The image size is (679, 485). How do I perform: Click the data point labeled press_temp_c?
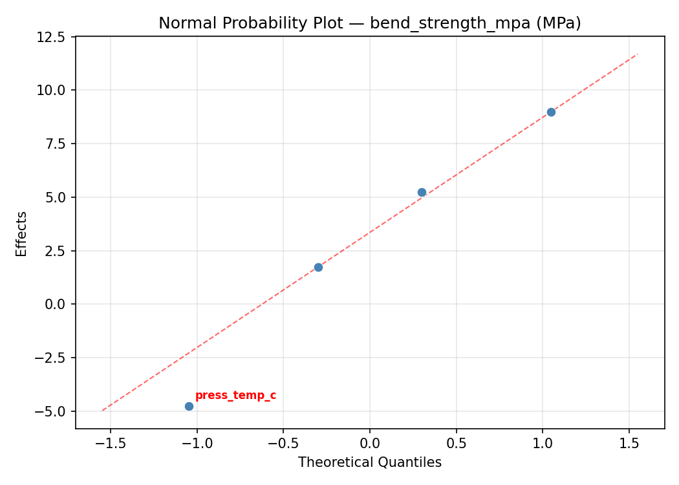(x=189, y=406)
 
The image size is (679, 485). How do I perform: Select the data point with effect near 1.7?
(x=318, y=267)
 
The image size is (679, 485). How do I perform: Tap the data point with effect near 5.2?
(x=422, y=192)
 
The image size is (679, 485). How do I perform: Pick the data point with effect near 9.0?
(x=551, y=112)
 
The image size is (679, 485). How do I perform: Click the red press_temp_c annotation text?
(x=235, y=395)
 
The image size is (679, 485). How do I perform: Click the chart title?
(x=370, y=23)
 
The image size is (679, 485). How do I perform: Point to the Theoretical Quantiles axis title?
(x=370, y=462)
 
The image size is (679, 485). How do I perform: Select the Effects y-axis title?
(x=22, y=233)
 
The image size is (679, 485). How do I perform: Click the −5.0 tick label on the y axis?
(x=52, y=411)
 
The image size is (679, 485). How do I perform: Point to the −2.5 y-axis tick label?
(x=52, y=358)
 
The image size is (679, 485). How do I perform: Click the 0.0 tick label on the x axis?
(x=370, y=443)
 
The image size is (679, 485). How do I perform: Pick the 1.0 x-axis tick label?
(x=543, y=443)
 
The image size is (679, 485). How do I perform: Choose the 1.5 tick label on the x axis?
(x=629, y=443)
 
